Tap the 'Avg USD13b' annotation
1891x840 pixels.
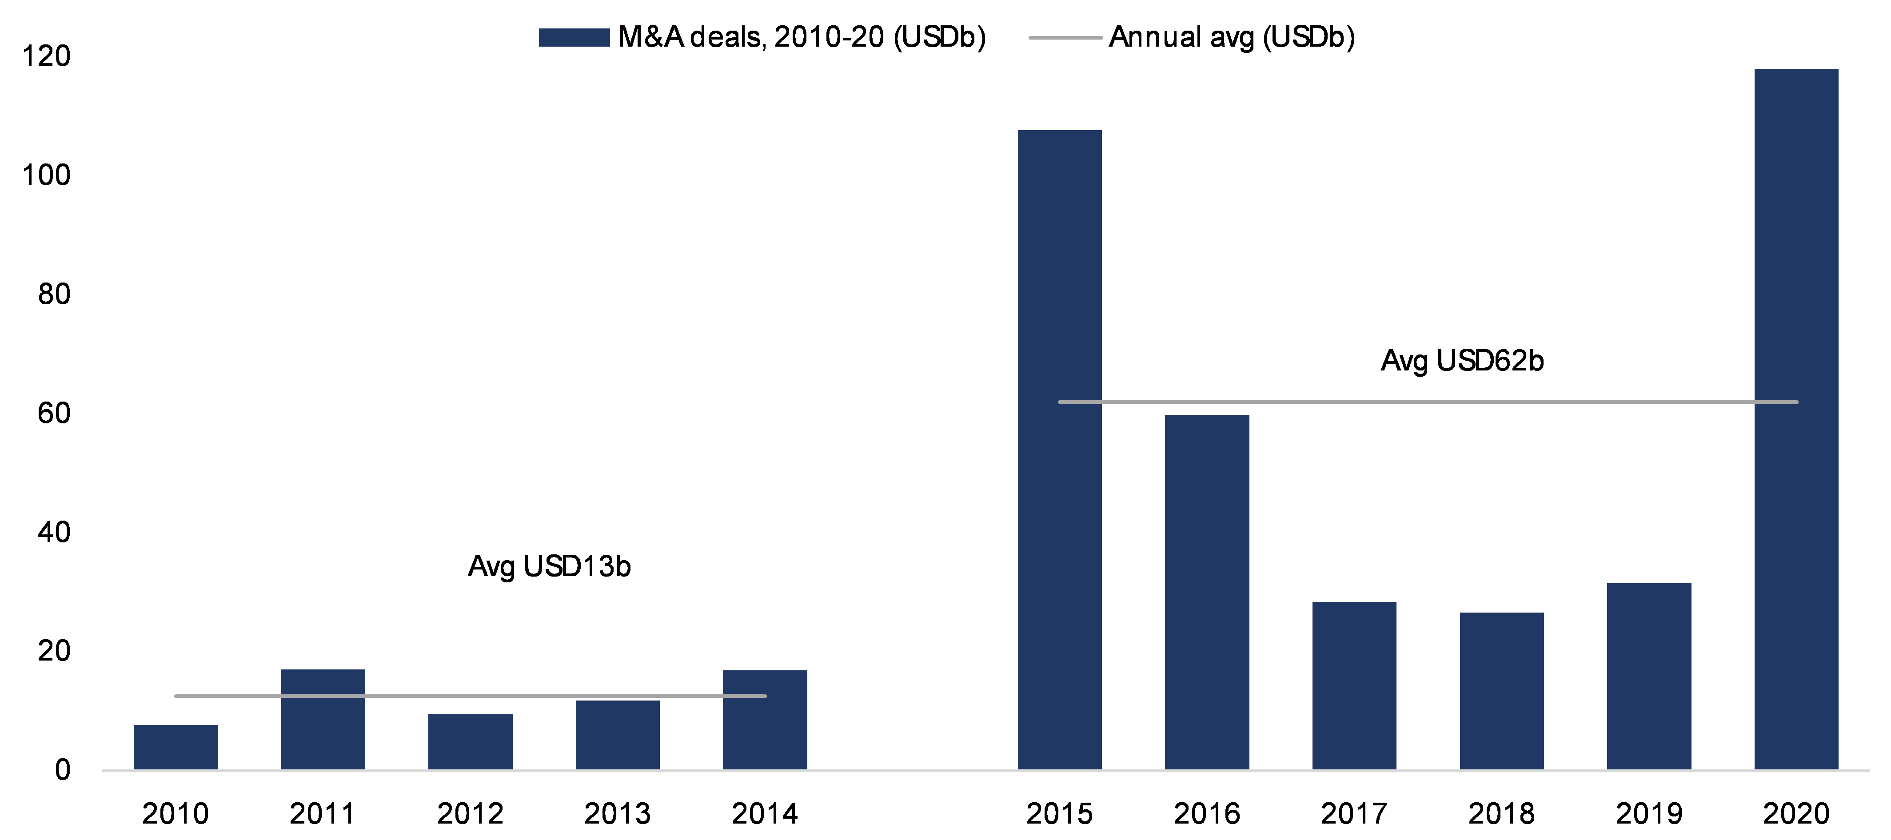click(549, 566)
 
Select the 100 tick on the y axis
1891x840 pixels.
click(46, 175)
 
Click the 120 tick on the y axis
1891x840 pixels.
click(46, 56)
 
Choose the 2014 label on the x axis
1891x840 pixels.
click(764, 814)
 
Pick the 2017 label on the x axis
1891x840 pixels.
click(1354, 814)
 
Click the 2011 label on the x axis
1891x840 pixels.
click(322, 814)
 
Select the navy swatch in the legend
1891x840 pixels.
click(573, 37)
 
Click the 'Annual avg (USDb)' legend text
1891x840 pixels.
click(1231, 37)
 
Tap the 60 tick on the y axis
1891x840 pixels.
click(54, 414)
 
